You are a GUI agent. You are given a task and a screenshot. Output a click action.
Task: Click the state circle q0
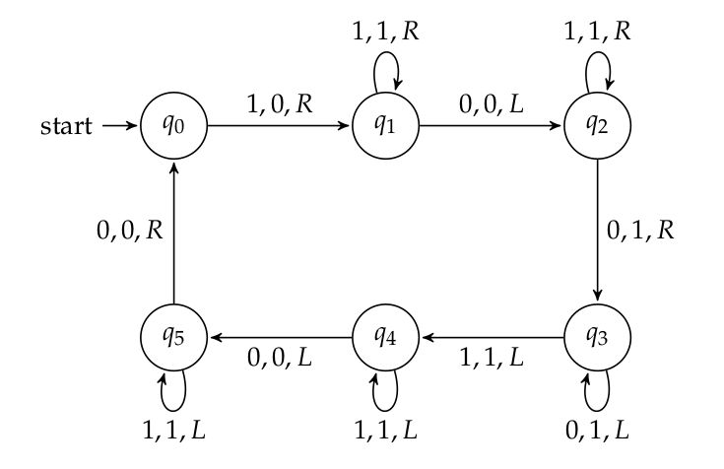pos(173,127)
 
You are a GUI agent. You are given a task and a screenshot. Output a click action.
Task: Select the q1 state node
pos(385,127)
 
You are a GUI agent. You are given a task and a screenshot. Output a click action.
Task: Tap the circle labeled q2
pos(597,127)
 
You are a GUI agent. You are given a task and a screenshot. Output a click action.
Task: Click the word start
pos(67,127)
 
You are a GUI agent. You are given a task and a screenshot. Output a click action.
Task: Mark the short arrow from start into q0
pos(121,127)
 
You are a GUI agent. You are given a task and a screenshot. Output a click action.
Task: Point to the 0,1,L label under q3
pos(597,429)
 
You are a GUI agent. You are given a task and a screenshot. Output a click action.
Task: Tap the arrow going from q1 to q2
pos(491,127)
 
